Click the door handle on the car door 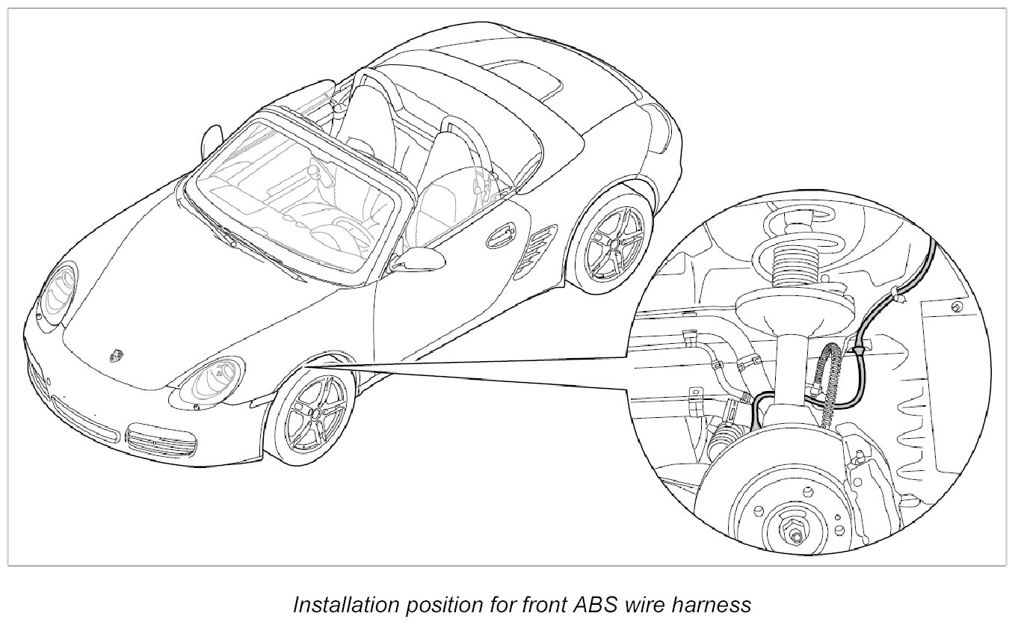[x=496, y=238]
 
